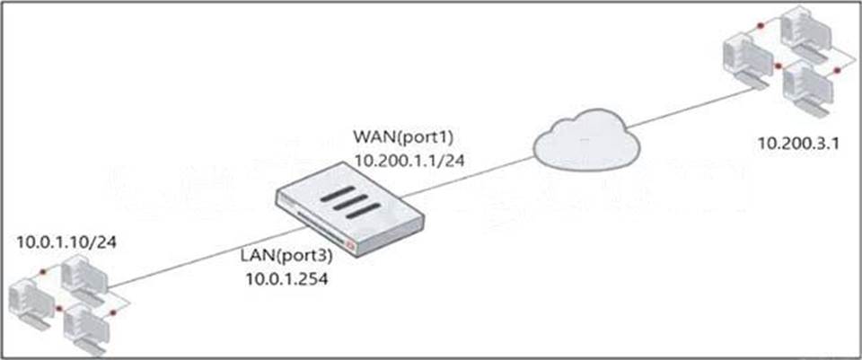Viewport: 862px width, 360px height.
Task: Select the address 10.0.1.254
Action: click(286, 279)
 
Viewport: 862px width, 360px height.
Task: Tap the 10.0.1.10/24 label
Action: click(65, 242)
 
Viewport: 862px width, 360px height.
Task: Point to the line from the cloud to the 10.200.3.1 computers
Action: click(682, 108)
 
